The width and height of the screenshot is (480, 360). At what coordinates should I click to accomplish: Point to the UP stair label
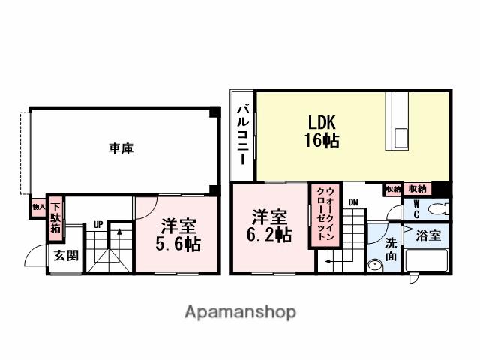(x=98, y=223)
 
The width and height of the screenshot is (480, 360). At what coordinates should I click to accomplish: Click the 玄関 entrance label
(x=65, y=255)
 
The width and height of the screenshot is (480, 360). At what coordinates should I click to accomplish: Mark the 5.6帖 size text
(x=178, y=243)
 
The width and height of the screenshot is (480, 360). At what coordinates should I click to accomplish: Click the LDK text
(x=321, y=122)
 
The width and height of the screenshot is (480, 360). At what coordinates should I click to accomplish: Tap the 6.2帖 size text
(x=271, y=235)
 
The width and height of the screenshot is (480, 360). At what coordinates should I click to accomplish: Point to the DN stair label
(x=352, y=202)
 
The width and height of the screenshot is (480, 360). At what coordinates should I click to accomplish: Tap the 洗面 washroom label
(x=391, y=248)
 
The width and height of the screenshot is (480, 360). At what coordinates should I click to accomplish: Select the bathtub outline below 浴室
(x=426, y=261)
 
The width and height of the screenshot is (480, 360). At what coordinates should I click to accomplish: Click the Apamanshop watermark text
(x=240, y=311)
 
